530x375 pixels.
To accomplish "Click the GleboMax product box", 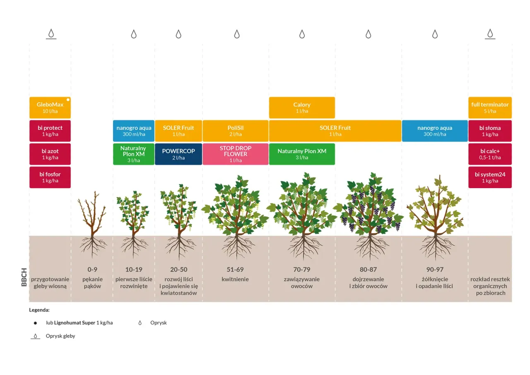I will (50, 108).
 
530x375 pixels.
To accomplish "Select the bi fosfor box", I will (50, 177).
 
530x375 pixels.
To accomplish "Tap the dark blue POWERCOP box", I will (178, 154).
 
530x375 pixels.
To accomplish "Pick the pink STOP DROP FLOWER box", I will (236, 154).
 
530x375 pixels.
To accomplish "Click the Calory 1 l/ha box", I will (302, 108).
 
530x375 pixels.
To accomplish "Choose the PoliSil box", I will (236, 131).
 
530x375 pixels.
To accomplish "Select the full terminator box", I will (490, 108).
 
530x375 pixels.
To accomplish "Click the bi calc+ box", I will (490, 154).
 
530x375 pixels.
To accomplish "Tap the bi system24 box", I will (490, 177).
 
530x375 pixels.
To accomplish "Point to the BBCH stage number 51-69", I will (235, 269).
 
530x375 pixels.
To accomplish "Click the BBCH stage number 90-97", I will (435, 269).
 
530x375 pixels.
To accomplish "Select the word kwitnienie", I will (235, 279).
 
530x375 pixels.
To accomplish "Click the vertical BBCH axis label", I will (24, 277).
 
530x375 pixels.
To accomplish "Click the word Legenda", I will (39, 310).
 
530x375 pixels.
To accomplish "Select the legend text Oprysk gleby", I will (60, 336).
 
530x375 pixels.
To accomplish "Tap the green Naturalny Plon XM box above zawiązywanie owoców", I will (302, 154).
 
